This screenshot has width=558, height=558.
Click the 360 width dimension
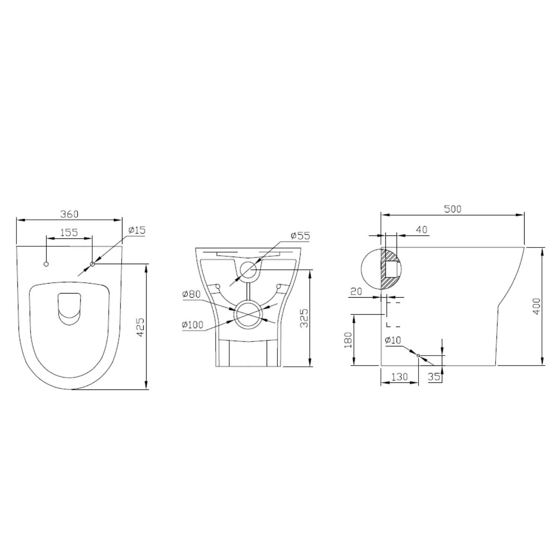pyautogui.click(x=70, y=214)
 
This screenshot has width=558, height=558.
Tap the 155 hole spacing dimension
pyautogui.click(x=69, y=232)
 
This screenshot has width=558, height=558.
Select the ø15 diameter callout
pyautogui.click(x=137, y=230)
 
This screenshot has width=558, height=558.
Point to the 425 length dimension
pyautogui.click(x=140, y=327)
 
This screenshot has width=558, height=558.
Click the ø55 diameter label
pyautogui.click(x=301, y=235)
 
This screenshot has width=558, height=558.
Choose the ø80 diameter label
pyautogui.click(x=192, y=294)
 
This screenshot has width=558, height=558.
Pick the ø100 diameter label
pyautogui.click(x=193, y=325)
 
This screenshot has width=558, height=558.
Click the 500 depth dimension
pyautogui.click(x=453, y=209)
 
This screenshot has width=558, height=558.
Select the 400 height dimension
pyautogui.click(x=536, y=306)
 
